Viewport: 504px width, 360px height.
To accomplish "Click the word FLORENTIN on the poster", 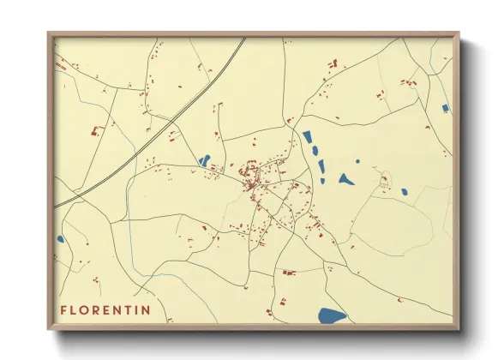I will coord(105,309).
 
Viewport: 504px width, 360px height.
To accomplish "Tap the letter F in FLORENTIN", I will coord(63,309).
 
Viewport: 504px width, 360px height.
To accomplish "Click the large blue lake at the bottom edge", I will coord(331,315).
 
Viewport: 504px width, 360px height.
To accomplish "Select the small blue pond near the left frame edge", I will coord(60,239).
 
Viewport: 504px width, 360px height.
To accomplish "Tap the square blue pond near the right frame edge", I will coord(444,108).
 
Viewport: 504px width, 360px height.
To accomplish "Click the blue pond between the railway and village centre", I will coord(204,160).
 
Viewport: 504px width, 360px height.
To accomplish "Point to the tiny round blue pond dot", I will coord(357,161).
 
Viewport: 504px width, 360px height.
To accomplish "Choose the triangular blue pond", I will coord(345,179).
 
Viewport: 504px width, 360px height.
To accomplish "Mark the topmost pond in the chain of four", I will coord(307,136).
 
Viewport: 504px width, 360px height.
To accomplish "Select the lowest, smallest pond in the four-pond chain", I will coord(322,181).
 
